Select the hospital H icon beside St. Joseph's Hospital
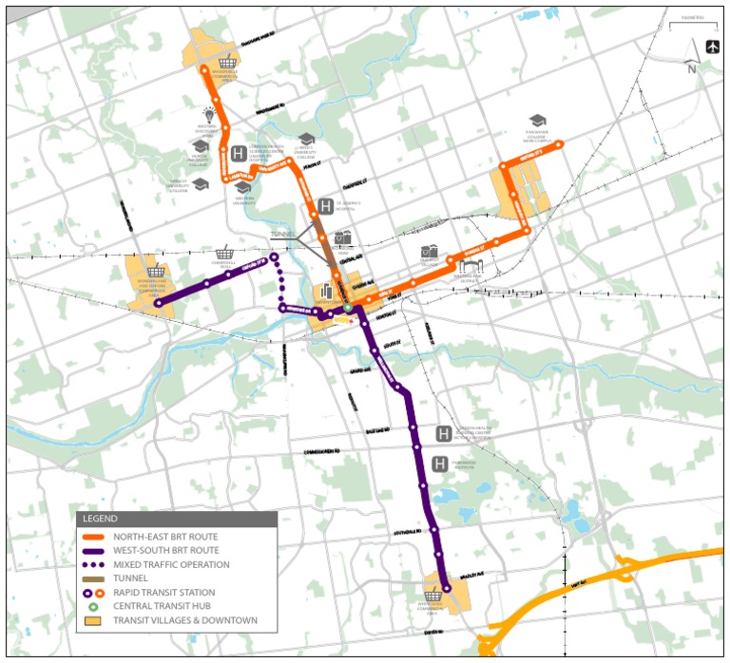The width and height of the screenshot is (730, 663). click(325, 207)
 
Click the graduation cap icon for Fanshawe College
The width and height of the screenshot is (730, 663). click(538, 121)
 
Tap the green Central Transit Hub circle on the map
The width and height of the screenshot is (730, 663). click(349, 308)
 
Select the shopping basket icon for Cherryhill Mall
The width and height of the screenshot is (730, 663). click(225, 254)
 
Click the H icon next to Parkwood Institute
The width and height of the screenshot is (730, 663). click(440, 464)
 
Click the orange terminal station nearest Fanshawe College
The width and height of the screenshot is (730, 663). click(560, 144)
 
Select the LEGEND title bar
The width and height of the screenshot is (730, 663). click(177, 519)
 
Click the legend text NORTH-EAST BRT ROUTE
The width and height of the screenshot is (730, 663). click(165, 536)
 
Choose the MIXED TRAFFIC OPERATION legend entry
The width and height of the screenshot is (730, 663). click(171, 564)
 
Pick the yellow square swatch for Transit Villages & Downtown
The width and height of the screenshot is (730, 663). click(92, 621)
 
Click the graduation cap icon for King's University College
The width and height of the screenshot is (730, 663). click(306, 140)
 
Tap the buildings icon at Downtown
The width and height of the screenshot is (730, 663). click(326, 289)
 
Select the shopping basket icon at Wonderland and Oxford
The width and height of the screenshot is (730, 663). click(156, 272)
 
